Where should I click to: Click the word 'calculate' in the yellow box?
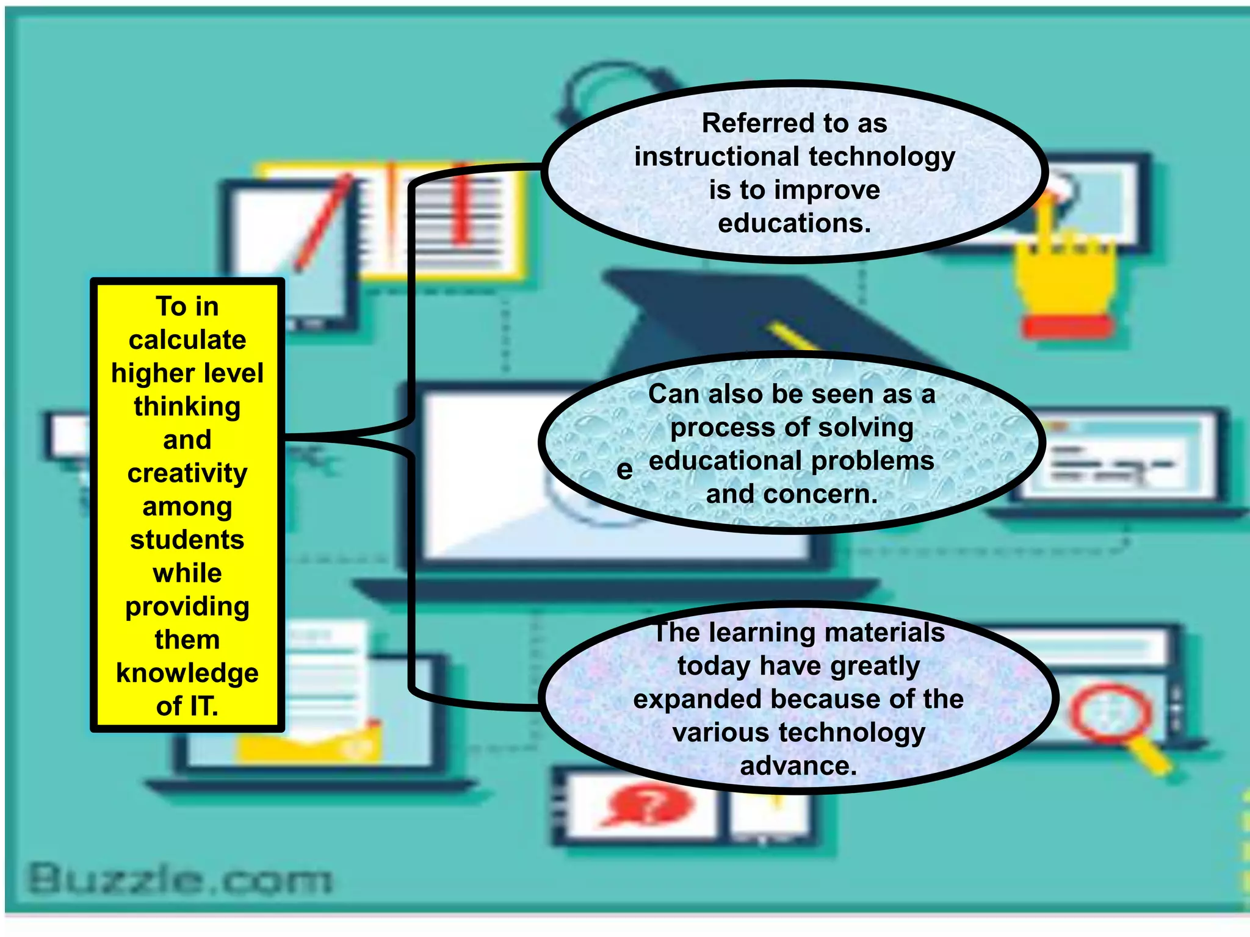(x=187, y=340)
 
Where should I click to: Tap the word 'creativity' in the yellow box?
(x=187, y=474)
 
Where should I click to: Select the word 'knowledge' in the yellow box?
(x=187, y=673)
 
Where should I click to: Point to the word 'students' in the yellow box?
(x=187, y=540)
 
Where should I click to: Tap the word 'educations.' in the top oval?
(x=794, y=223)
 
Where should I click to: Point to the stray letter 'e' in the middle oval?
(x=624, y=470)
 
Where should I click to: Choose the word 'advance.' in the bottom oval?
(x=798, y=766)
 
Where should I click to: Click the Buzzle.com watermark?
(x=181, y=880)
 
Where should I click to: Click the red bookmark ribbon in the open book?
(x=462, y=204)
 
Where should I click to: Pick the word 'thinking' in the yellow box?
(x=187, y=407)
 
